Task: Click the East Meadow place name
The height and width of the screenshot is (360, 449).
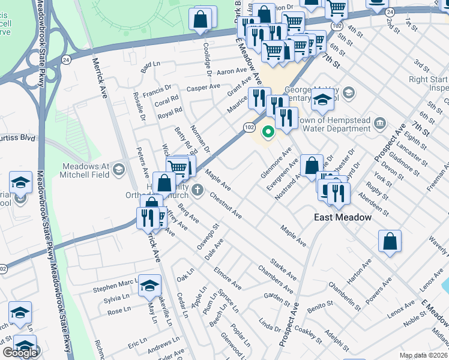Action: click(343, 217)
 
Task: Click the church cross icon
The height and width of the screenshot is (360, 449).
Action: click(198, 192)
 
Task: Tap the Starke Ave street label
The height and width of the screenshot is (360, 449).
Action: click(283, 268)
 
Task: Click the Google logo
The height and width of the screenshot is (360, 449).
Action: click(20, 353)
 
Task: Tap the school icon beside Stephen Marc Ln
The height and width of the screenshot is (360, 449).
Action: click(150, 286)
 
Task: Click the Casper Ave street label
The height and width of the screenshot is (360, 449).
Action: click(203, 88)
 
